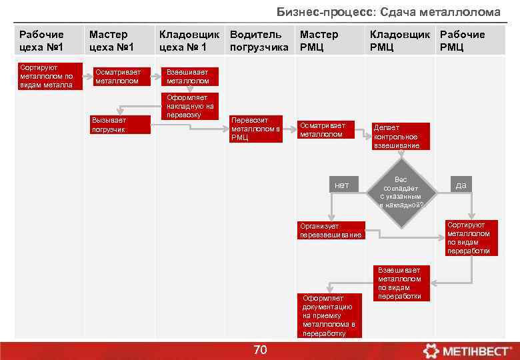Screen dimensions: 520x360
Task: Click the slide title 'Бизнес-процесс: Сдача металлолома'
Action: [x=389, y=13]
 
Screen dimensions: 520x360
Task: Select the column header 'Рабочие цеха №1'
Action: [x=42, y=41]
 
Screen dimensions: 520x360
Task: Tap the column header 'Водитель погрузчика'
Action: [x=259, y=41]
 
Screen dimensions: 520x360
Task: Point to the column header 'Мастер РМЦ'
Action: [x=319, y=41]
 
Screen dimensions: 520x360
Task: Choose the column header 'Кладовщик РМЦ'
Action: [x=400, y=41]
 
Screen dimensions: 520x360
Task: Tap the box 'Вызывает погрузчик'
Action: [x=120, y=125]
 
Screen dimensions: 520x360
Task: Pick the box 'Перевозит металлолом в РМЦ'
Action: [x=256, y=129]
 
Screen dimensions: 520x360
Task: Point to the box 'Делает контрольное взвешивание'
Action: [x=400, y=136]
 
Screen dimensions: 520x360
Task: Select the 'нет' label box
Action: [x=341, y=185]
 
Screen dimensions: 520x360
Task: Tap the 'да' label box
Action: [x=461, y=185]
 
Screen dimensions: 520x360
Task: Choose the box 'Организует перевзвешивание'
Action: [x=331, y=231]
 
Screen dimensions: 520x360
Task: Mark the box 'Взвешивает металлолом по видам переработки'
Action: [x=401, y=283]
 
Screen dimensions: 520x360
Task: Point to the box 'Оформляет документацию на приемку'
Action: [x=329, y=315]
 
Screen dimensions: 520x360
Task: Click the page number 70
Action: [x=260, y=350]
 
